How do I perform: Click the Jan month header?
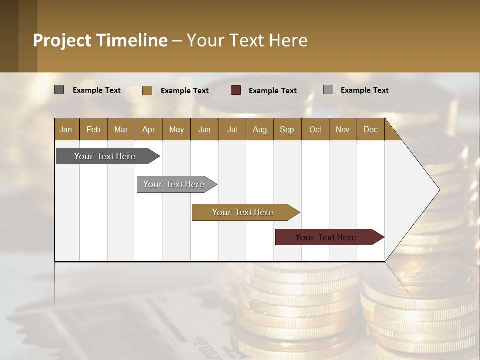pos(66,129)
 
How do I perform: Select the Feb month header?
pos(93,129)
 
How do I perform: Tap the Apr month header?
pos(148,129)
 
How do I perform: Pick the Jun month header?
pos(204,129)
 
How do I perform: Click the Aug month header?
pos(259,129)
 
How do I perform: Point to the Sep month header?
pos(287,129)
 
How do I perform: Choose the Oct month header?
pos(315,129)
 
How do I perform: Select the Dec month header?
pos(370,129)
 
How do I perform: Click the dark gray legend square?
pos(59,90)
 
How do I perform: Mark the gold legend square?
pos(147,90)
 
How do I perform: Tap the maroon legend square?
pos(236,90)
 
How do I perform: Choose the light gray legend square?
pos(328,90)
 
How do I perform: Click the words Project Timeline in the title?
pos(100,40)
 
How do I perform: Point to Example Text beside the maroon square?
pos(272,91)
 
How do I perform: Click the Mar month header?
pos(121,129)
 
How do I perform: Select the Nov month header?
pos(342,129)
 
